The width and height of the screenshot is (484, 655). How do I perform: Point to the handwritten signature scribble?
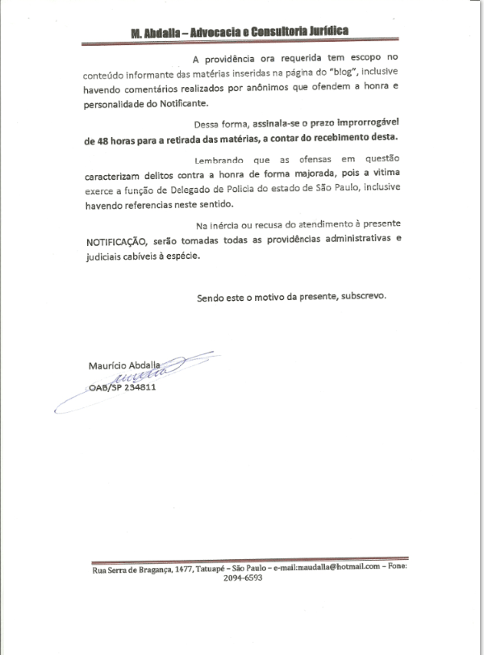pos(142,375)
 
